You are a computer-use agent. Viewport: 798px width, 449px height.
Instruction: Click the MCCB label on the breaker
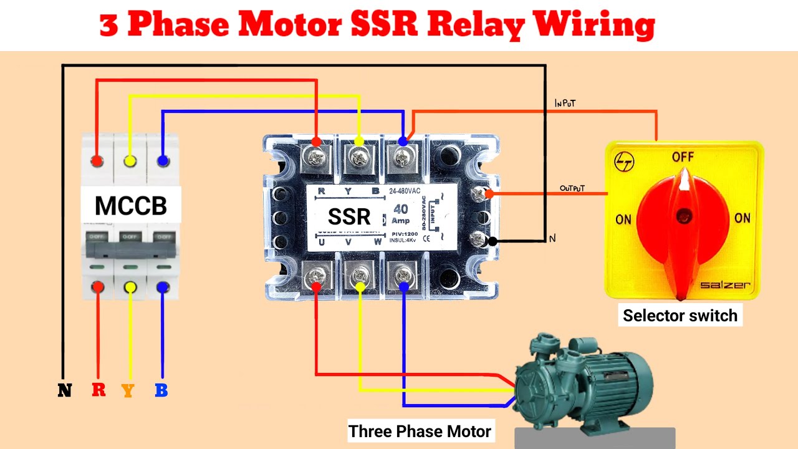pyautogui.click(x=131, y=205)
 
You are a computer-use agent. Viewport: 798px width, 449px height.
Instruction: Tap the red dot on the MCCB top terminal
pyautogui.click(x=97, y=161)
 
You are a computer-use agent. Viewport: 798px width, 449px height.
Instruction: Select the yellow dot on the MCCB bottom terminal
pyautogui.click(x=130, y=287)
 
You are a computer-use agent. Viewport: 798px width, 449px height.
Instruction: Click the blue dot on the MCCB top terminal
pyautogui.click(x=163, y=161)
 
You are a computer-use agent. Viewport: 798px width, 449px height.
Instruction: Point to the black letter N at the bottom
pyautogui.click(x=64, y=391)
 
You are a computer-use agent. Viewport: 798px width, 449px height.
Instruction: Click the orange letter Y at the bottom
pyautogui.click(x=128, y=391)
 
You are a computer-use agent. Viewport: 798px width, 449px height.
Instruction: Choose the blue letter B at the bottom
pyautogui.click(x=161, y=391)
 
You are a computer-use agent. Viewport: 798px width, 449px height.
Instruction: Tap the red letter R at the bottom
pyautogui.click(x=99, y=390)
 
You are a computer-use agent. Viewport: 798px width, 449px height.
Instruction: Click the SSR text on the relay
pyautogui.click(x=349, y=217)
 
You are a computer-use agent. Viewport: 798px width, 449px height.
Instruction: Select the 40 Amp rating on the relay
pyautogui.click(x=400, y=214)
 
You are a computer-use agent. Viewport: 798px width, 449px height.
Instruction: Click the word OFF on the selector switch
pyautogui.click(x=683, y=157)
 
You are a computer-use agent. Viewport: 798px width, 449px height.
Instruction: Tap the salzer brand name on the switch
pyautogui.click(x=725, y=286)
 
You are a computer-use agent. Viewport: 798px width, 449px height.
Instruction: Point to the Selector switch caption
pyautogui.click(x=680, y=316)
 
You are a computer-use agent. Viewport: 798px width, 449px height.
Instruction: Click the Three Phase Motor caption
pyautogui.click(x=420, y=431)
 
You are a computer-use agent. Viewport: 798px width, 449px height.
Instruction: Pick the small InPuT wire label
pyautogui.click(x=566, y=104)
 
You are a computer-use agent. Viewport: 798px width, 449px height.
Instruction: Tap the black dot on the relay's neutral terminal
pyautogui.click(x=493, y=241)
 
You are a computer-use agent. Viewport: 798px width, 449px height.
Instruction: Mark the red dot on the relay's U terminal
pyautogui.click(x=316, y=286)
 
